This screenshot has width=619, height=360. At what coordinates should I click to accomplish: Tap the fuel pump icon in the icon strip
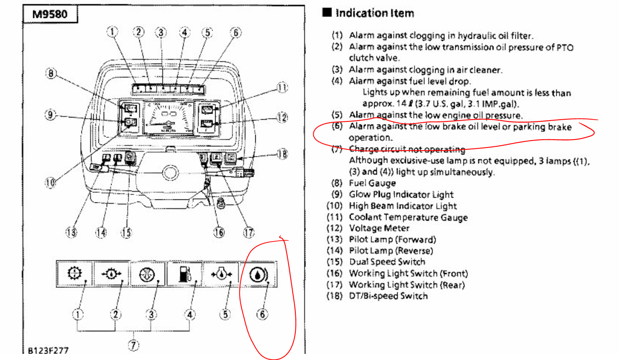[185, 274]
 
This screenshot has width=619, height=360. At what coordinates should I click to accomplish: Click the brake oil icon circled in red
[257, 275]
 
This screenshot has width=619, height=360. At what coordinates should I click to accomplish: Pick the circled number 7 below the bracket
[133, 346]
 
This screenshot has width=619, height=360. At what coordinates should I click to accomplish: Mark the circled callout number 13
[71, 232]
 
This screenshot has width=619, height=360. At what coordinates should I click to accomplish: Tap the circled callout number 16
[219, 232]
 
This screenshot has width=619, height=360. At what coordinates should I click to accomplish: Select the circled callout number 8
[51, 74]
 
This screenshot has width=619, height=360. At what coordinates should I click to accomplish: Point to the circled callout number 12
[282, 117]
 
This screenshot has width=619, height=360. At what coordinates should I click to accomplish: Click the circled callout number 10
[51, 182]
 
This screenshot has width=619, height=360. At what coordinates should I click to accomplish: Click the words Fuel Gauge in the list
[372, 183]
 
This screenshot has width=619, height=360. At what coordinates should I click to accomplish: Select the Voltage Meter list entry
[379, 228]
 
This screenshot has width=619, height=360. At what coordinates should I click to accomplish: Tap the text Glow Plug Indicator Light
[401, 195]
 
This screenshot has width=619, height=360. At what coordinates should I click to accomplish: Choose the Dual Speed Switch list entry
[387, 262]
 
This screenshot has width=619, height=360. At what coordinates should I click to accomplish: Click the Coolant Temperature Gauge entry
[408, 217]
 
